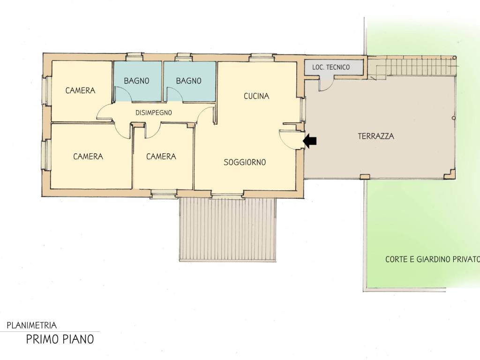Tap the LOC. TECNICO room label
pos(331,67)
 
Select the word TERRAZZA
pos(376,136)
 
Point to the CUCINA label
pos(256,96)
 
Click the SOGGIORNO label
pos(245,162)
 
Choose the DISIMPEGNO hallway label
pos(154,112)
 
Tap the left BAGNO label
pos(136,81)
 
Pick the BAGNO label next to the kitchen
pos(188,81)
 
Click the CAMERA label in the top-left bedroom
pos(80,90)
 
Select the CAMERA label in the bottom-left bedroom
pos(88,157)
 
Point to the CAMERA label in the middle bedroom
pos(161,157)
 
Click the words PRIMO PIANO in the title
pos(60,339)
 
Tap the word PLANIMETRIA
pos(32,325)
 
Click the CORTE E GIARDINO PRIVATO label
pos(432,260)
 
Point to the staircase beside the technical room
pos(412,67)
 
